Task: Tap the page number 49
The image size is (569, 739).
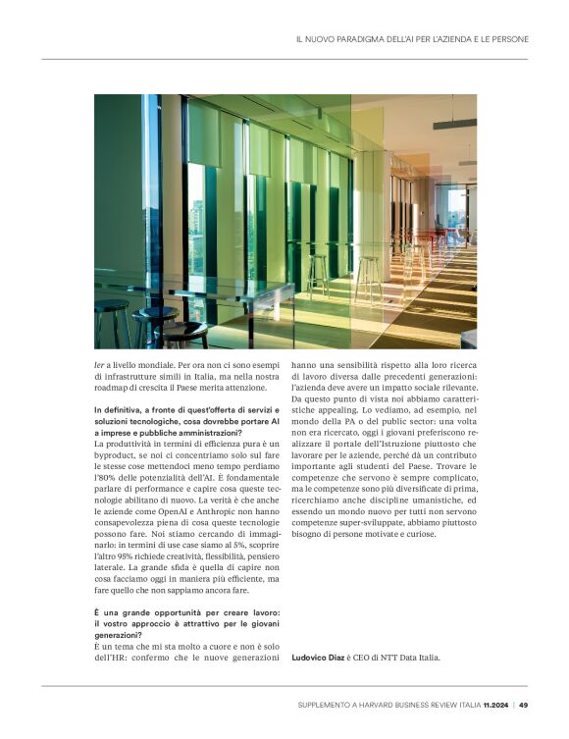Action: coord(524,704)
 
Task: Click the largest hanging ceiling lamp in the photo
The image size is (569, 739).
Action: coord(453,124)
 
